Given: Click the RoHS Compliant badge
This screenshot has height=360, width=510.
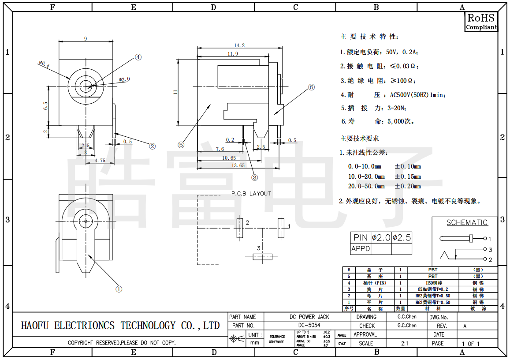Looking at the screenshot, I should [x=481, y=22].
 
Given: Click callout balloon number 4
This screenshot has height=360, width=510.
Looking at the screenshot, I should [x=138, y=57].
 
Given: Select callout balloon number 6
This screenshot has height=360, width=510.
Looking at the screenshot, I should [x=311, y=87].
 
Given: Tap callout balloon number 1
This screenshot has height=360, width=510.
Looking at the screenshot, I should [x=119, y=289].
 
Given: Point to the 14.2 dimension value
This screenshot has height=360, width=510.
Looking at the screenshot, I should [x=239, y=45].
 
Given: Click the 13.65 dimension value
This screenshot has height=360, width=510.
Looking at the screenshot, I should [x=238, y=165].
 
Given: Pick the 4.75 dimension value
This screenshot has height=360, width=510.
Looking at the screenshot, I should [x=101, y=161].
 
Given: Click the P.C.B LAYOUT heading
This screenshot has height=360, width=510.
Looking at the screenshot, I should [x=251, y=193].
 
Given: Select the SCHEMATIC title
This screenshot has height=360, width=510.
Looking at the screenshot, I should [x=467, y=223].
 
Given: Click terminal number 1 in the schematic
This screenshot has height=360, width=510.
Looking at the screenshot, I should [x=489, y=239].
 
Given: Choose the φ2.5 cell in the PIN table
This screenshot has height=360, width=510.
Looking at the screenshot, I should [x=402, y=237].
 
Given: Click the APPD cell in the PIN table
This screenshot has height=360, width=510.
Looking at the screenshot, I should [x=361, y=249].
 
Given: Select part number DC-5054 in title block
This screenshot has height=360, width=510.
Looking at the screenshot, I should [x=309, y=325].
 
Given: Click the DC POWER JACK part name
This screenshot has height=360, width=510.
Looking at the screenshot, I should [x=309, y=317].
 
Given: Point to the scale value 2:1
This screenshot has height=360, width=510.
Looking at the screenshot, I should [x=405, y=343].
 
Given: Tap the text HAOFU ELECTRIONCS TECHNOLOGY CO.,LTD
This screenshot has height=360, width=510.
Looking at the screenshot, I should [x=120, y=326].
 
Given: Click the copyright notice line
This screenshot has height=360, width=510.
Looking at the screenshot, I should [x=122, y=343].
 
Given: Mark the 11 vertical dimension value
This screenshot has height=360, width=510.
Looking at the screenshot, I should [x=175, y=92].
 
